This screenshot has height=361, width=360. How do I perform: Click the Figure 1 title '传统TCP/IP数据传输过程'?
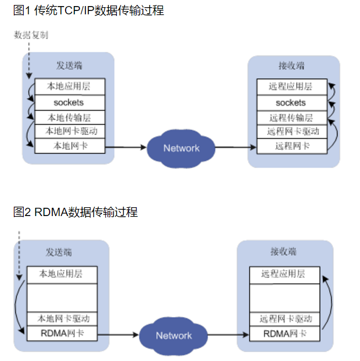click(99, 10)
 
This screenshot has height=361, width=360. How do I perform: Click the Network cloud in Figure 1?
click(181, 148)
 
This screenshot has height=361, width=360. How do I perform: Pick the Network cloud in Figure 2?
click(174, 336)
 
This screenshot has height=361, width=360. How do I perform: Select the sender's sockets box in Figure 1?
click(69, 103)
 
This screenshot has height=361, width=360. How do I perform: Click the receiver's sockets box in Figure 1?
click(291, 103)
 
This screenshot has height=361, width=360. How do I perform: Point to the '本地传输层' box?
click(69, 117)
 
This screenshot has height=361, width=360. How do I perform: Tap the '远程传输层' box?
click(291, 117)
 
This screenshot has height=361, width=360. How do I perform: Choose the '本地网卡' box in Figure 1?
click(69, 146)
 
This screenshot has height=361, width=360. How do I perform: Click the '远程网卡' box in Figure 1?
click(291, 146)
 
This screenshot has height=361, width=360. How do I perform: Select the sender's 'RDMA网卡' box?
click(61, 333)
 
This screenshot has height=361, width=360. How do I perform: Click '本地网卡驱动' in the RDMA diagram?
click(61, 319)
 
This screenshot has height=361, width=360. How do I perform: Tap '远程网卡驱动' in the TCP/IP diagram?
click(291, 132)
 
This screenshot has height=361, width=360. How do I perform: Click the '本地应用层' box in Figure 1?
click(69, 87)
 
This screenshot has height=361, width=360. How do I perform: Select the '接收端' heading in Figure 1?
click(291, 66)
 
